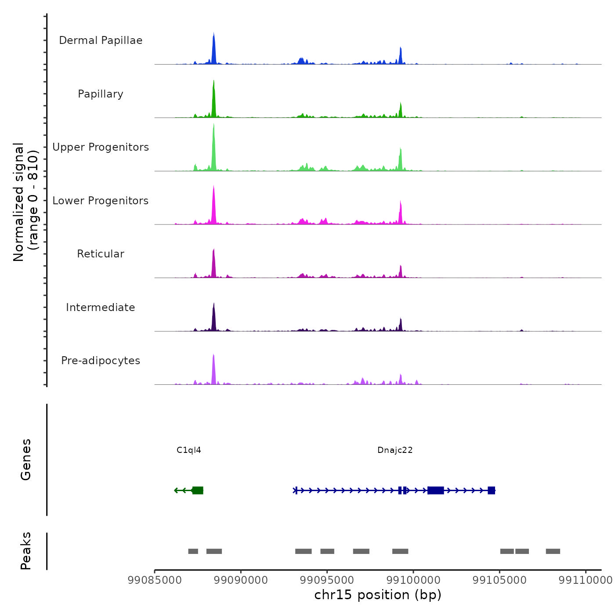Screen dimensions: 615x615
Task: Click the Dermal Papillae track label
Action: (101, 40)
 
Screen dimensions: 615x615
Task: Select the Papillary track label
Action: (101, 94)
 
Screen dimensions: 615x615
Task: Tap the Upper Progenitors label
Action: (101, 147)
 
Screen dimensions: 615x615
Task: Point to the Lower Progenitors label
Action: (101, 201)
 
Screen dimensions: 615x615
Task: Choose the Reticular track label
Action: (101, 254)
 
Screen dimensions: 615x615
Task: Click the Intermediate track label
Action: (101, 307)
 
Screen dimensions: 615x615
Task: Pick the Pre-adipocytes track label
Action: (101, 361)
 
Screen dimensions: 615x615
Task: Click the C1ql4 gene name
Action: (189, 450)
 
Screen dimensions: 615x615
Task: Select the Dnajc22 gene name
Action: (395, 450)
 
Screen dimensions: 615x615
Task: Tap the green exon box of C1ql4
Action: (198, 490)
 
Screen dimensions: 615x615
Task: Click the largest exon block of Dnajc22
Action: (435, 490)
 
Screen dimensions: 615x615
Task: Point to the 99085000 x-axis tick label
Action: (155, 580)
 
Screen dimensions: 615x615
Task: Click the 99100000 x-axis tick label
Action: (413, 580)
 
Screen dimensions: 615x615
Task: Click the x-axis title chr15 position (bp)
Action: (378, 595)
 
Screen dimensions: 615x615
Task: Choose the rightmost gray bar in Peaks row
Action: (553, 551)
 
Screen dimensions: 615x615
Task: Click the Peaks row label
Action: (26, 551)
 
